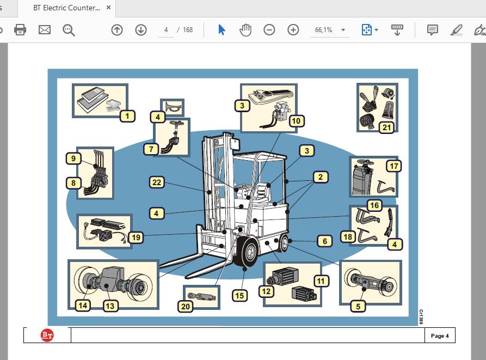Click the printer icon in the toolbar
coord(20,30)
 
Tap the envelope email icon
coord(44,30)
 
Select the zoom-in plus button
coord(293,30)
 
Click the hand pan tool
coord(245,30)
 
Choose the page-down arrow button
coord(141,30)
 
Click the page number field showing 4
coord(166,30)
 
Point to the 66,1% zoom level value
coord(324,30)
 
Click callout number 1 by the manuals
coord(127,117)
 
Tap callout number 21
coord(386,127)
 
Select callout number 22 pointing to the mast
coord(157,182)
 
